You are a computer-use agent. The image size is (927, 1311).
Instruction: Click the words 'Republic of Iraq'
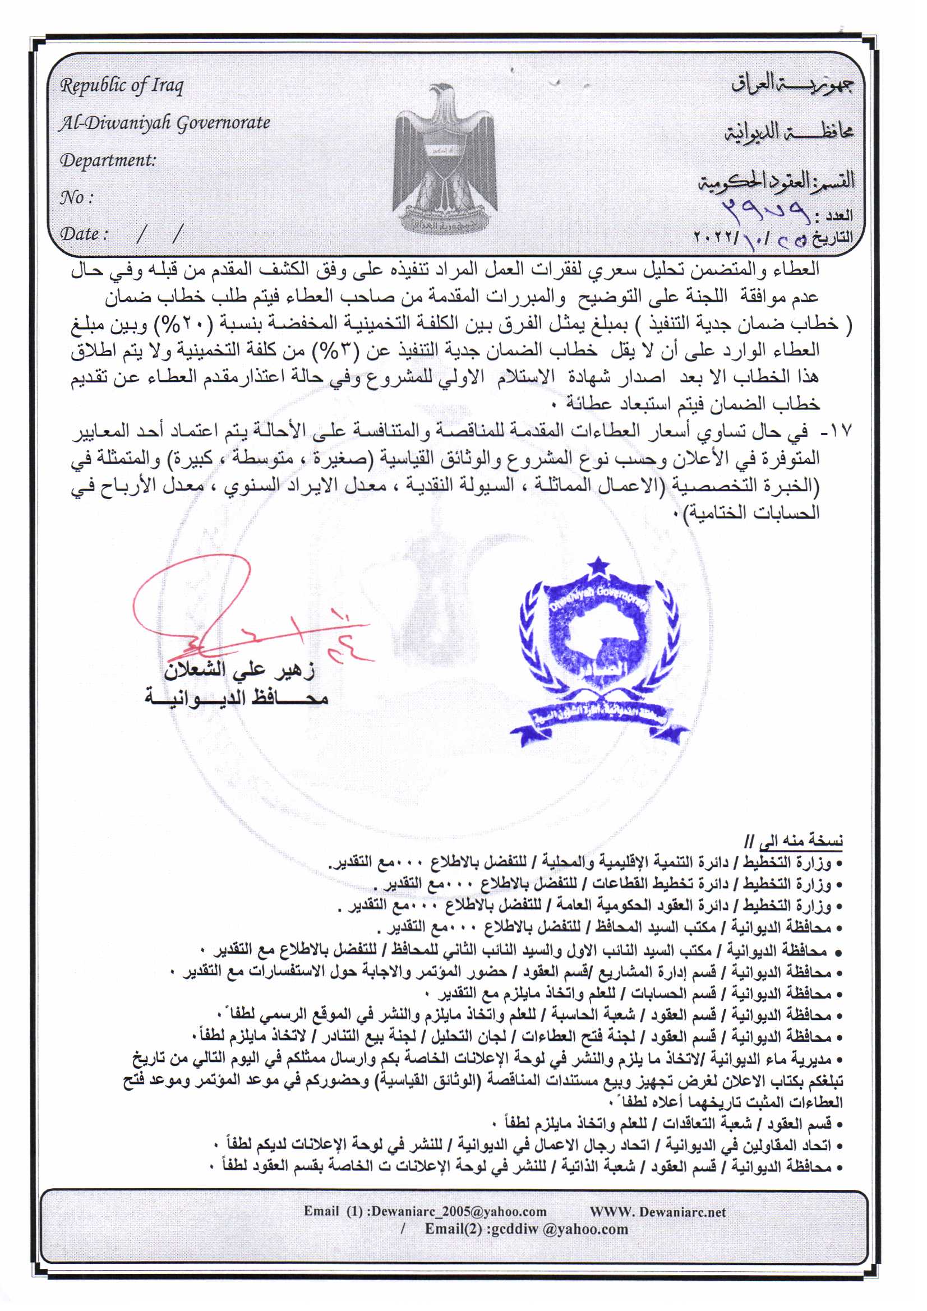[x=121, y=86]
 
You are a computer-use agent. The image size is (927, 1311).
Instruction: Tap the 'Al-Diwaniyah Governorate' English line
[x=164, y=123]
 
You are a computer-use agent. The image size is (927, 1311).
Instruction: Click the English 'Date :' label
[x=84, y=234]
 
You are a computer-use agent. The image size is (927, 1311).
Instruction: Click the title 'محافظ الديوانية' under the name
[x=237, y=698]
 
